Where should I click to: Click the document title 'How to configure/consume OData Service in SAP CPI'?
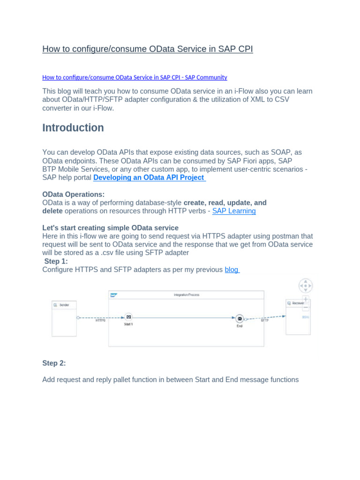(147, 49)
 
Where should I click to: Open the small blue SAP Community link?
(135, 77)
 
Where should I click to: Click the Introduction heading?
(73, 128)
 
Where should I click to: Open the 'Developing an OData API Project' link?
(149, 178)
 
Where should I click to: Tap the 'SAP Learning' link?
(234, 211)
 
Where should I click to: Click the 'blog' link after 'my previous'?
(232, 270)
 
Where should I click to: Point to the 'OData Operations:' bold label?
(74, 194)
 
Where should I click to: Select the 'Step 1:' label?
(56, 261)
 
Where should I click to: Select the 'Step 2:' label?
(54, 363)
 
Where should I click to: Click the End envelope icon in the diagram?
(240, 318)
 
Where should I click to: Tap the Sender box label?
(64, 305)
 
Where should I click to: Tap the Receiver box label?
(298, 303)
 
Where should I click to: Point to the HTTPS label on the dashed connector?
(100, 321)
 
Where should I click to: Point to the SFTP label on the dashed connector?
(265, 321)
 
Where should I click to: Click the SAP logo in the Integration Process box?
(113, 295)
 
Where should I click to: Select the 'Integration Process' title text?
(186, 295)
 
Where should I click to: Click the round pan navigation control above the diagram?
(305, 285)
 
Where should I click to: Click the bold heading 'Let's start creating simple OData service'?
(110, 228)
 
